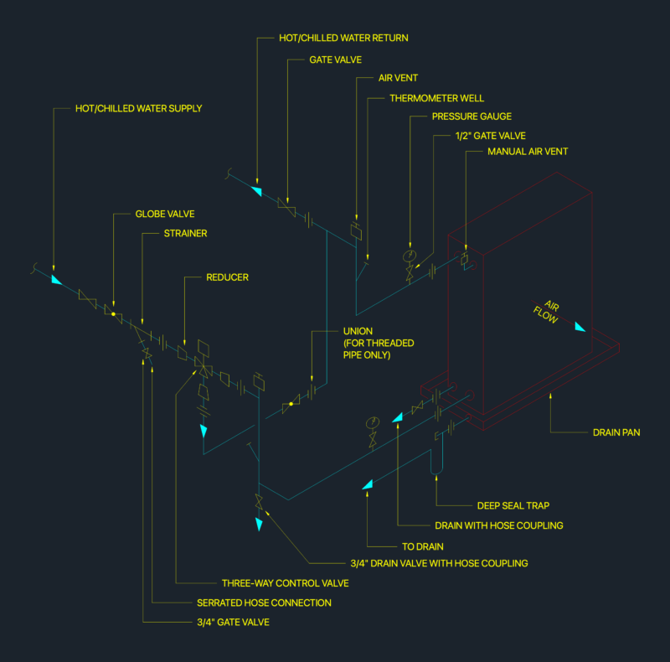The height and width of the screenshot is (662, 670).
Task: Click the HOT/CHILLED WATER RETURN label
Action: [x=343, y=38]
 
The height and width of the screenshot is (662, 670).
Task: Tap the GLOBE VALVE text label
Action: [x=165, y=214]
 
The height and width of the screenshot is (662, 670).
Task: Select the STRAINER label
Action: [x=185, y=234]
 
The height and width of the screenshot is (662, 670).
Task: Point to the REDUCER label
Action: [x=227, y=277]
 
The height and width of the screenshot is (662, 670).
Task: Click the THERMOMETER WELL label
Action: [x=436, y=98]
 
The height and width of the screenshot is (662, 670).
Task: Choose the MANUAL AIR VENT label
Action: [x=528, y=152]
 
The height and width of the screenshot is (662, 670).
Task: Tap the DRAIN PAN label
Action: [x=616, y=432]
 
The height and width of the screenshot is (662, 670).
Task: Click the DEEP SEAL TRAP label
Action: [x=513, y=505]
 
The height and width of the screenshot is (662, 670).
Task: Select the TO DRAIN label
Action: [x=423, y=546]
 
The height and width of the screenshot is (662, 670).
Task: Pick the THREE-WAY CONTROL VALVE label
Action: [x=286, y=583]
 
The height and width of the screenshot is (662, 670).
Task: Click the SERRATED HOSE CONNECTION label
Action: [x=264, y=603]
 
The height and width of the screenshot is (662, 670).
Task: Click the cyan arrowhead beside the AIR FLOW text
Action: [x=580, y=327]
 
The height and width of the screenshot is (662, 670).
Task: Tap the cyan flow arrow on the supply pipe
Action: [x=56, y=280]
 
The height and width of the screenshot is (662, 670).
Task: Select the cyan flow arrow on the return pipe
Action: [x=257, y=191]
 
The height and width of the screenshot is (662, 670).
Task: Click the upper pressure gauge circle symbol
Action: [x=410, y=256]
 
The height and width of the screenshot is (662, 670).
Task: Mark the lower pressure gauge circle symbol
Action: [x=373, y=422]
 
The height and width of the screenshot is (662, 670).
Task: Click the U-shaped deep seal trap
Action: [x=436, y=468]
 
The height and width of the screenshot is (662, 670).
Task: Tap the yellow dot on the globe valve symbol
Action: [x=113, y=314]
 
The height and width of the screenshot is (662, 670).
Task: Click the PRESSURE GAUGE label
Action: [x=472, y=116]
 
